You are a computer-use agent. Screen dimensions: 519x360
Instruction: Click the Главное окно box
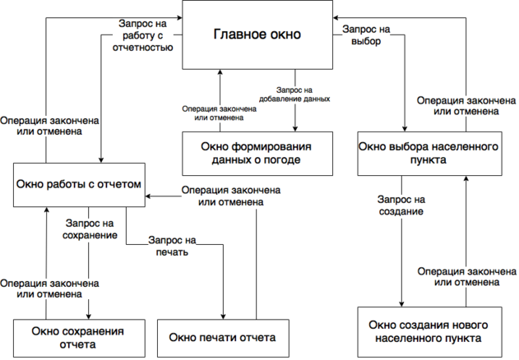click(x=257, y=35)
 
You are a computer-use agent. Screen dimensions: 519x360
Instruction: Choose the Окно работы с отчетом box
click(x=79, y=185)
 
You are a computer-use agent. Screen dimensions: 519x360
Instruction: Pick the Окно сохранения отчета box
click(x=78, y=337)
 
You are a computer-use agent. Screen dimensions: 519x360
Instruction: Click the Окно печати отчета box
click(x=222, y=338)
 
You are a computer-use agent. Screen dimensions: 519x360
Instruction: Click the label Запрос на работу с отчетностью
click(x=141, y=35)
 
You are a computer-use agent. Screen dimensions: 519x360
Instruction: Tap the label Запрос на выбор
click(x=367, y=35)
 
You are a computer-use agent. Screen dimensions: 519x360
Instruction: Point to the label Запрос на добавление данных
click(x=294, y=93)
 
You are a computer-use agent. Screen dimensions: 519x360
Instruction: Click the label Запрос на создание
click(x=401, y=205)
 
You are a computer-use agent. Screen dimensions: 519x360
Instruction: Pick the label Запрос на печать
click(x=172, y=247)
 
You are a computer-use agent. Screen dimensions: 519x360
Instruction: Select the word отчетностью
click(x=141, y=48)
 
